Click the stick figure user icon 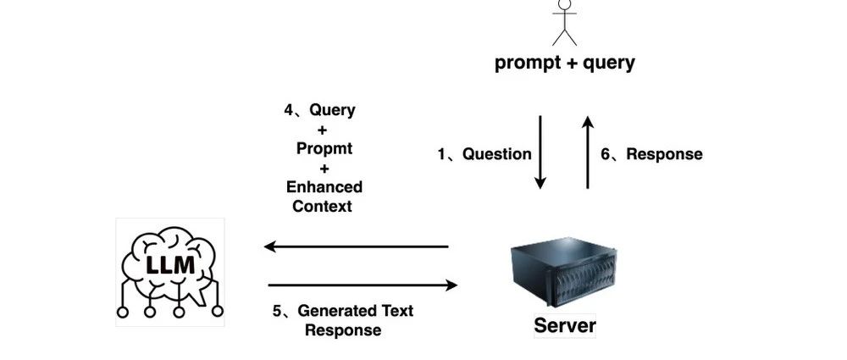[x=564, y=22]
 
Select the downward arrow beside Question [x=540, y=152]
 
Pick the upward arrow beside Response [x=588, y=152]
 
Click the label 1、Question [x=484, y=154]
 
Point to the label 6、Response [x=652, y=154]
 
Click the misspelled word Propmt [x=324, y=148]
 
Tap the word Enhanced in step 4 [x=324, y=187]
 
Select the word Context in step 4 [x=323, y=206]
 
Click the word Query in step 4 [x=332, y=110]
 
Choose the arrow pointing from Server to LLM [x=356, y=247]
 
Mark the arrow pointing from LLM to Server [x=363, y=285]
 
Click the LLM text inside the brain [x=171, y=265]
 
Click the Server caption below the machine [x=565, y=325]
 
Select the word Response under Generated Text [x=343, y=330]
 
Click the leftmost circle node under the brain [x=123, y=312]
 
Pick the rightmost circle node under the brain [x=218, y=312]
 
